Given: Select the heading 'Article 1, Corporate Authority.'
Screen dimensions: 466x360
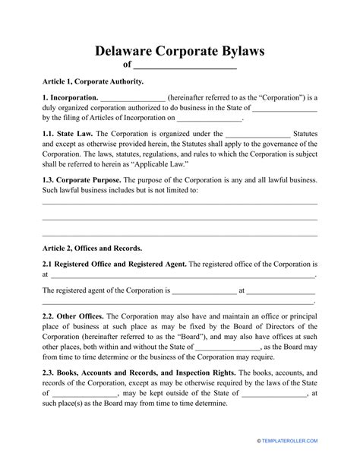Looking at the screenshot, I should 93,81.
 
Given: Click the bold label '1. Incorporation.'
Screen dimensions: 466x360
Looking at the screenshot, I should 70,98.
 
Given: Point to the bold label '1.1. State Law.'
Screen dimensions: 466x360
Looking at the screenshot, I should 67,132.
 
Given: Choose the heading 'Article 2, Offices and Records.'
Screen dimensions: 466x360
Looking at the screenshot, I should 92,248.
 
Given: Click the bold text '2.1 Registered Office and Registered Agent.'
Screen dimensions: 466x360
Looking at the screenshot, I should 114,265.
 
